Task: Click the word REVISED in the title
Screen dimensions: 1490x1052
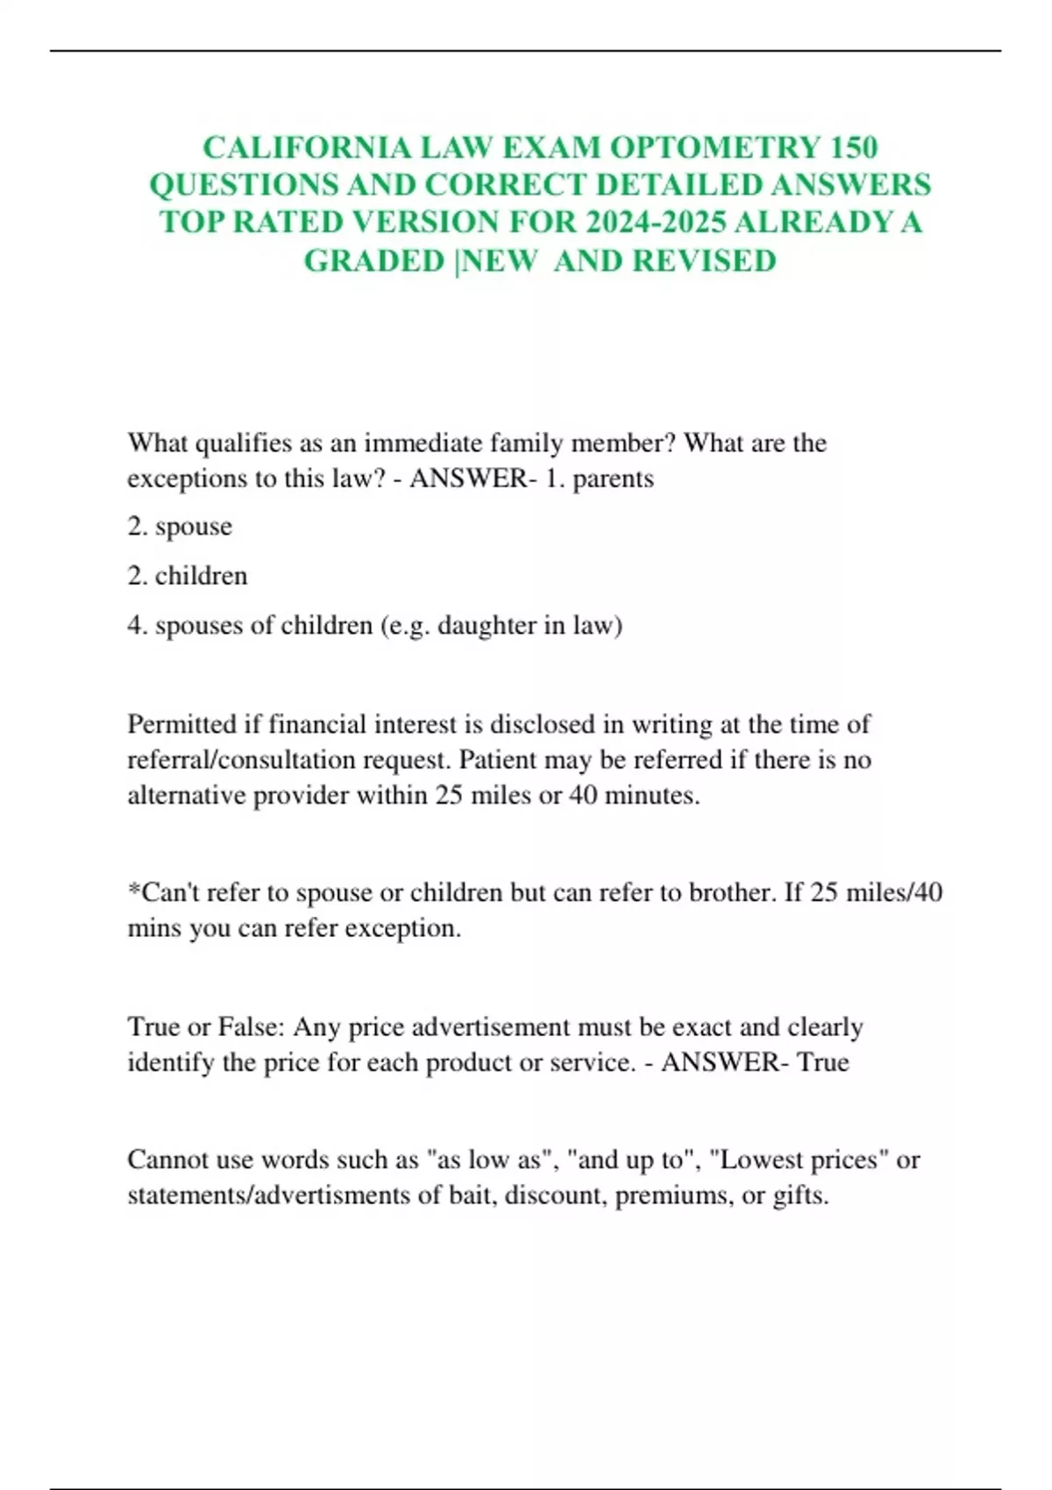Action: point(704,261)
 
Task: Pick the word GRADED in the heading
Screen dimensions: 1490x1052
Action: point(374,261)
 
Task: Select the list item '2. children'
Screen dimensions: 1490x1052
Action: point(188,576)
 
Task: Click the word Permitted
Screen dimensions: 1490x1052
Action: point(182,724)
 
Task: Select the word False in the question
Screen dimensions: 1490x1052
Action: point(249,1026)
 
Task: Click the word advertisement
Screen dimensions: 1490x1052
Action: point(503,1026)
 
